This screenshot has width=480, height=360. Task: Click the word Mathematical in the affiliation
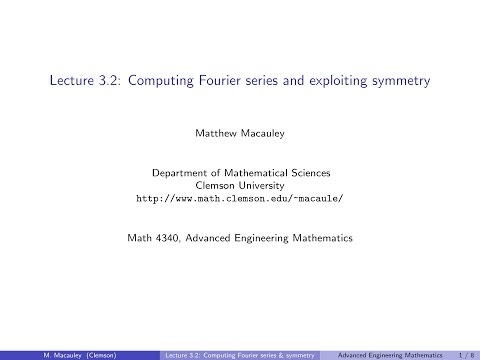tap(257, 172)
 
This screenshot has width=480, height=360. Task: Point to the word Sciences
tap(317, 172)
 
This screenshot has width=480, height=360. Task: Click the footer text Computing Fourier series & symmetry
tap(242, 353)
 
